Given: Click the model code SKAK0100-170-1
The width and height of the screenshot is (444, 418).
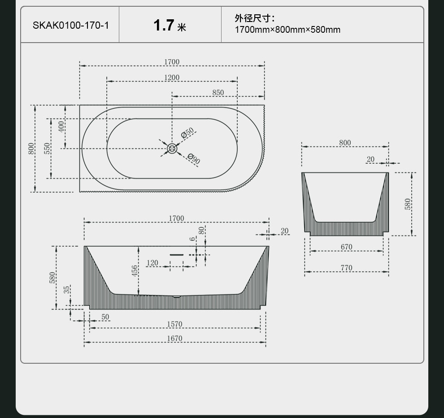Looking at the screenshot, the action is [x=71, y=25].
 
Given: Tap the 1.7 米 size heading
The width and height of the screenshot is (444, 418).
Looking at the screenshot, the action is [x=170, y=25].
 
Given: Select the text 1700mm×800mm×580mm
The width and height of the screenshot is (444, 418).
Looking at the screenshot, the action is [x=287, y=30].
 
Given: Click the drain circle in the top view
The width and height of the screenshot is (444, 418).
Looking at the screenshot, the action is [x=172, y=148].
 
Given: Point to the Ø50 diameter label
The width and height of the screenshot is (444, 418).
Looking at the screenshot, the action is [x=187, y=133].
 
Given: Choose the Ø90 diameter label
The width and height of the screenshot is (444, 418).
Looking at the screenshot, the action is [x=194, y=159].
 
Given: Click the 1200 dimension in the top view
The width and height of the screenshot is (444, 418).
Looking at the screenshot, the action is [x=172, y=77].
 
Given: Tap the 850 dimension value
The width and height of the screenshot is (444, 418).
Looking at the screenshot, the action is [x=218, y=92].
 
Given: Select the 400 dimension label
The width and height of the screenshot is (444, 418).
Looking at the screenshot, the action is [x=61, y=126].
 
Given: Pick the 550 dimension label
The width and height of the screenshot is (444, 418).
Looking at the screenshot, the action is [x=47, y=148].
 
